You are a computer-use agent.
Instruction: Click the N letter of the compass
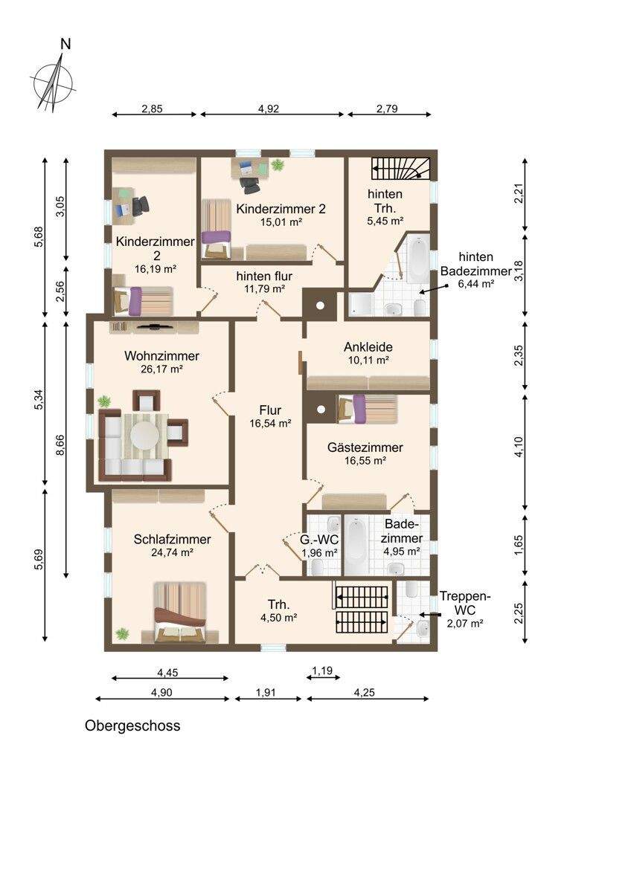(x=65, y=44)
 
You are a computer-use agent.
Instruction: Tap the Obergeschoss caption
(x=132, y=725)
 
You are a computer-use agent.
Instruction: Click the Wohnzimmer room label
(x=161, y=355)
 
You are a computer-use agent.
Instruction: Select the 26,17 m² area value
(x=161, y=369)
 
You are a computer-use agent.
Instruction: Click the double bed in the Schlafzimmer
(x=180, y=613)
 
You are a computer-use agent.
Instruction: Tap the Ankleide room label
(x=368, y=347)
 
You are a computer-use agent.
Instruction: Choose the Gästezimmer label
(x=365, y=447)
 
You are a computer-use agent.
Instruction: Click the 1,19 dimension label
(x=322, y=670)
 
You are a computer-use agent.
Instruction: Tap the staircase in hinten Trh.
(x=401, y=169)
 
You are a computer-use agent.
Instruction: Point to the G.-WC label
(x=319, y=540)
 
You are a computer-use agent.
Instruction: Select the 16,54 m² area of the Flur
(x=270, y=424)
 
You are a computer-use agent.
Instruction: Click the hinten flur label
(x=264, y=276)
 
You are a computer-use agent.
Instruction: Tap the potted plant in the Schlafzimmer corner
(x=122, y=633)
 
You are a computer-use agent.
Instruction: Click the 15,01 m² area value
(x=281, y=222)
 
